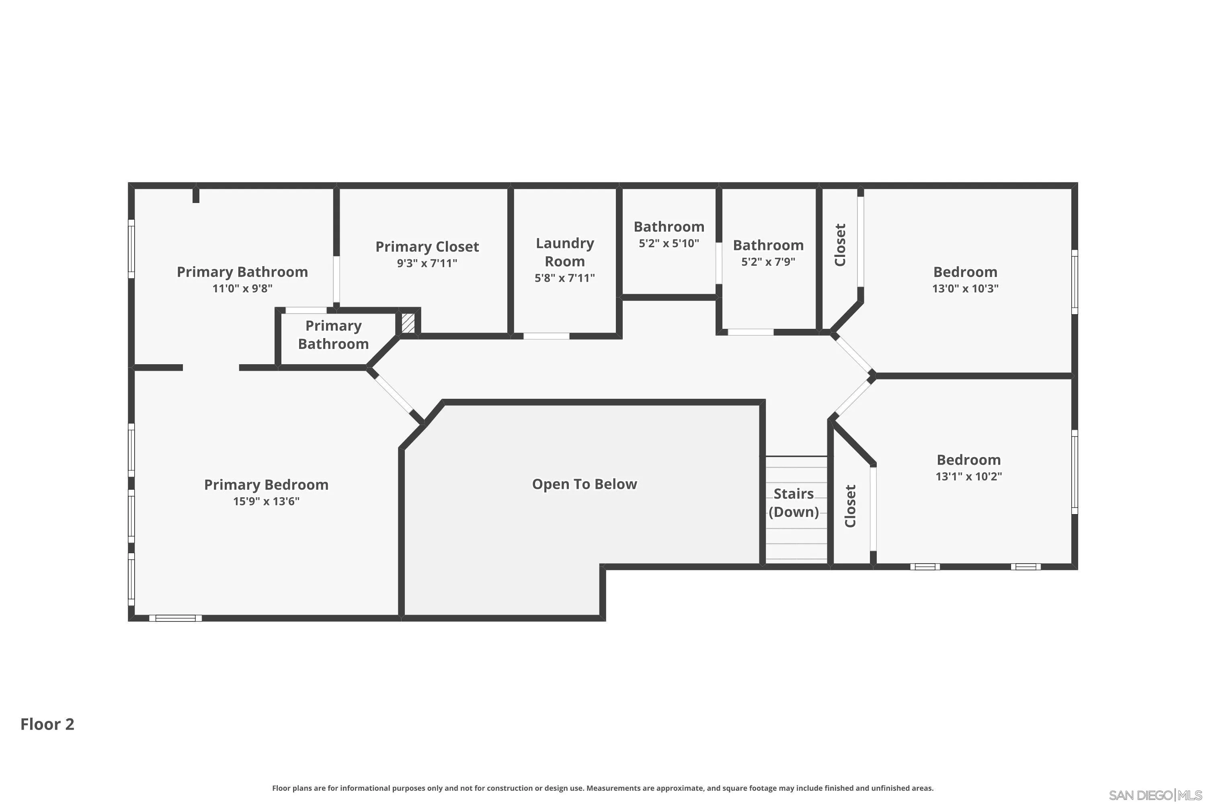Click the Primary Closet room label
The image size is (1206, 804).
coord(427,247)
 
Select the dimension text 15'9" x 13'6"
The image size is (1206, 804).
coord(266,501)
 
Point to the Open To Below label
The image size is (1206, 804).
coord(585,484)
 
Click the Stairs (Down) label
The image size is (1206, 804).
coord(794,503)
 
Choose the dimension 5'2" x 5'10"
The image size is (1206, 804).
coord(669,243)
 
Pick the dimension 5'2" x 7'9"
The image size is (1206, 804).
coord(768,262)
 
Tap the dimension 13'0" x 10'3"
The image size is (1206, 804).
coord(965,288)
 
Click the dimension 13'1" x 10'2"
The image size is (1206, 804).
coord(968,476)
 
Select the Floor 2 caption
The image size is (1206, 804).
coord(47,724)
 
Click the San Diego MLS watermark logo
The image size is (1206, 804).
coord(1157,795)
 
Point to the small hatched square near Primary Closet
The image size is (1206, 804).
coord(408,323)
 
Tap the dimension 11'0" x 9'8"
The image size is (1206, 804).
coord(242,288)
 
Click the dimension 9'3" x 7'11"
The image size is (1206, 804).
coord(427,263)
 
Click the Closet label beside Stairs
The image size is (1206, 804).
coord(850,506)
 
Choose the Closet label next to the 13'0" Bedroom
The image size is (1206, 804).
coord(840,244)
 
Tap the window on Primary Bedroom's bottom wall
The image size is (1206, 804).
coord(175,618)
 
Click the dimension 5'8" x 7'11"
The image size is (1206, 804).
coord(564,278)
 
